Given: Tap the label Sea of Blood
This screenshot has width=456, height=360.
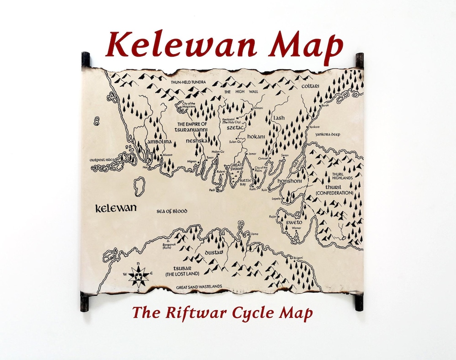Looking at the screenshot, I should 171,211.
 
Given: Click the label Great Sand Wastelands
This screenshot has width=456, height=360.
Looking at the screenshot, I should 199,287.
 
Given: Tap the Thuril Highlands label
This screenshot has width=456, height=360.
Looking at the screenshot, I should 342,176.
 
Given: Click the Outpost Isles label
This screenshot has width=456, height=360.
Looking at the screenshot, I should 102,160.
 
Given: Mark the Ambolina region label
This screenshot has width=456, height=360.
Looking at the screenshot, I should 160,142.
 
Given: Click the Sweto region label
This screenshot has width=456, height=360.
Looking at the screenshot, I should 294,222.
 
